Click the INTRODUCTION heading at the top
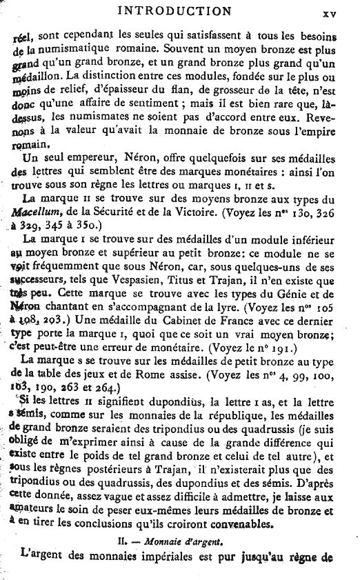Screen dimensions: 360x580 point(174,10)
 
